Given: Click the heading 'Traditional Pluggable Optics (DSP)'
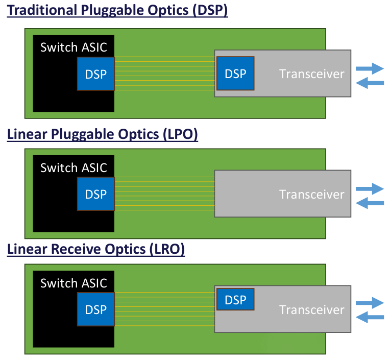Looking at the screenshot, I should click(x=117, y=11).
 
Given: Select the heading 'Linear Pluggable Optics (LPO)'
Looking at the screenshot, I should click(x=103, y=134).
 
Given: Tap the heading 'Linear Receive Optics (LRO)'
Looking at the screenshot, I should click(x=96, y=250).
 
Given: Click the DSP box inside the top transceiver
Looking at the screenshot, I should click(x=235, y=74).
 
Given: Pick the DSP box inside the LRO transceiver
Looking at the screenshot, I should click(x=235, y=299).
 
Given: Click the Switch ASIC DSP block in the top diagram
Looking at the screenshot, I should click(x=96, y=74).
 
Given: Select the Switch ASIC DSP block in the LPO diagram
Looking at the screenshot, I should click(x=96, y=194).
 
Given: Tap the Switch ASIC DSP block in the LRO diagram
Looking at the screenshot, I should click(x=96, y=309).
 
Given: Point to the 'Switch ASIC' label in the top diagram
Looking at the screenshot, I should click(x=74, y=47).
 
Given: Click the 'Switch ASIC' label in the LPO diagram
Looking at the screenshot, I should click(x=74, y=167).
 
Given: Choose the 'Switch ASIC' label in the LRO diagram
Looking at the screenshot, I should click(x=74, y=283).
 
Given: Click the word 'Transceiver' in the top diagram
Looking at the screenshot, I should click(x=311, y=74).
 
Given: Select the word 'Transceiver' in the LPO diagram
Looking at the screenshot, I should click(x=311, y=194).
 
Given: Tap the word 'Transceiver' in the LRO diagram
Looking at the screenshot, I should click(x=311, y=309).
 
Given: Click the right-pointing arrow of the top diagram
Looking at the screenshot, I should click(x=370, y=68).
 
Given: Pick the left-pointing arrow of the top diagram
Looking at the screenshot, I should click(x=369, y=83).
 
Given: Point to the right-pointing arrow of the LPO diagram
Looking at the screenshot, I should click(x=370, y=188).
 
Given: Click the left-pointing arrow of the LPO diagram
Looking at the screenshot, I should click(x=369, y=203).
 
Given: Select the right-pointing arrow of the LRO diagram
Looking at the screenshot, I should click(x=370, y=303).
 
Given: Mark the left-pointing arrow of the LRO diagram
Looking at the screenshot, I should click(x=369, y=318).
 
